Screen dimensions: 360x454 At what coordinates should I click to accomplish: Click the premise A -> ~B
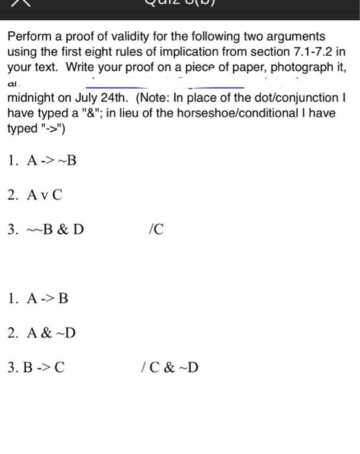51,160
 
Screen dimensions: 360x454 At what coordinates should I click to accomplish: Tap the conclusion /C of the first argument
156,229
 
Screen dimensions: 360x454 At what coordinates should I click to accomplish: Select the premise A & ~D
51,333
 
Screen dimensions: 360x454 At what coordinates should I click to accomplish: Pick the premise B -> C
45,367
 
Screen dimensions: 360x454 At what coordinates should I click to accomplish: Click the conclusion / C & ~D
170,367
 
